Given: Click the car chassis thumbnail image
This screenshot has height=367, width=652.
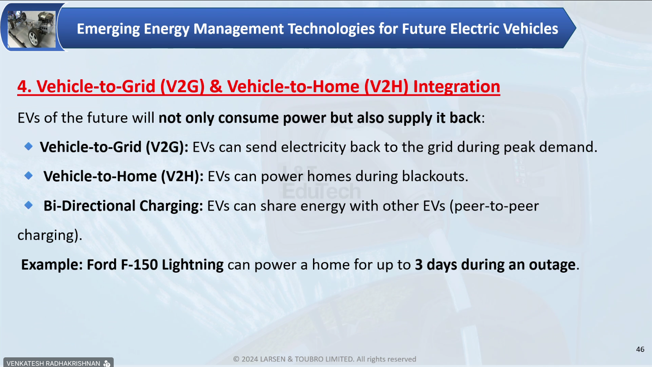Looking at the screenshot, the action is pyautogui.click(x=31, y=29).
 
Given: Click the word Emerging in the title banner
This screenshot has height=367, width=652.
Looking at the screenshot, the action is pyautogui.click(x=108, y=29).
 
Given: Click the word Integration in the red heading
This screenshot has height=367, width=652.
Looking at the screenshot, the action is pyautogui.click(x=456, y=87).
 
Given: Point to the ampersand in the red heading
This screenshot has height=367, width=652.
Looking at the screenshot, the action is pyautogui.click(x=216, y=87).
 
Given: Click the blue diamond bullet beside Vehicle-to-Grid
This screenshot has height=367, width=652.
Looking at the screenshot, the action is pyautogui.click(x=29, y=146).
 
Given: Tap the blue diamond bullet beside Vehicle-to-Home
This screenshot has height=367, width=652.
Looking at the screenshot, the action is pyautogui.click(x=29, y=175).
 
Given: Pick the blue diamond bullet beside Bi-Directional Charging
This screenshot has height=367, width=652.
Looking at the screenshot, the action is pyautogui.click(x=29, y=205).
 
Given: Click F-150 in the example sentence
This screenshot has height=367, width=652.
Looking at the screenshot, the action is pyautogui.click(x=139, y=265).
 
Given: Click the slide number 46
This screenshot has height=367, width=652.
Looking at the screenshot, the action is pyautogui.click(x=640, y=349).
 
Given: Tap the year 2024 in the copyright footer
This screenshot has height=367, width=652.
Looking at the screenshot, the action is pyautogui.click(x=250, y=359).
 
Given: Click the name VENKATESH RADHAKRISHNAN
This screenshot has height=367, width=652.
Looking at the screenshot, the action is pyautogui.click(x=53, y=363).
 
